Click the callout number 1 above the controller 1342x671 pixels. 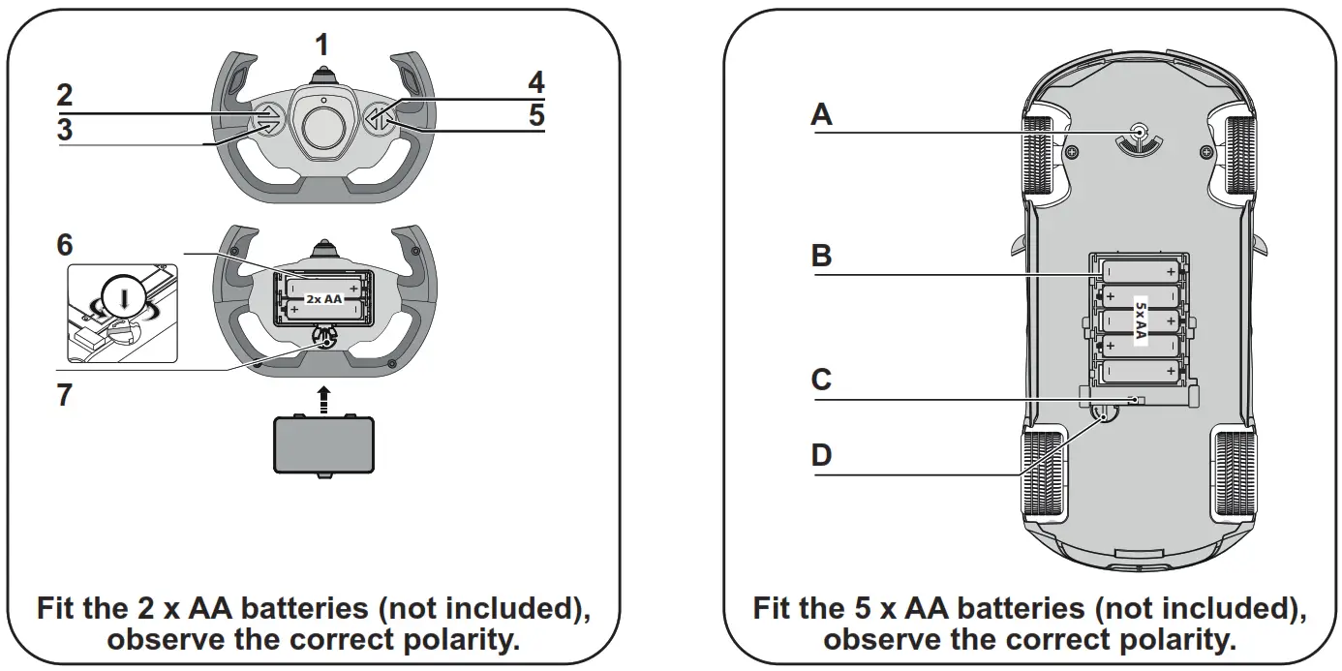322,44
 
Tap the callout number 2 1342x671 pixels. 64,95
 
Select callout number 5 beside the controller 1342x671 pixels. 535,116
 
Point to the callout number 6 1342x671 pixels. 64,244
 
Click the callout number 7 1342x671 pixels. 64,396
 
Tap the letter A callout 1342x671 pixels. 821,115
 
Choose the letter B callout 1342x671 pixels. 821,257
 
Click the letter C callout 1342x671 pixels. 821,380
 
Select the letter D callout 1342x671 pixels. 821,454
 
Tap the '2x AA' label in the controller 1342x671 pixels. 323,299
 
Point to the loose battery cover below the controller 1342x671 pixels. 323,442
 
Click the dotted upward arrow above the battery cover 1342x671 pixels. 324,395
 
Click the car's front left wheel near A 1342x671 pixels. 1041,154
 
